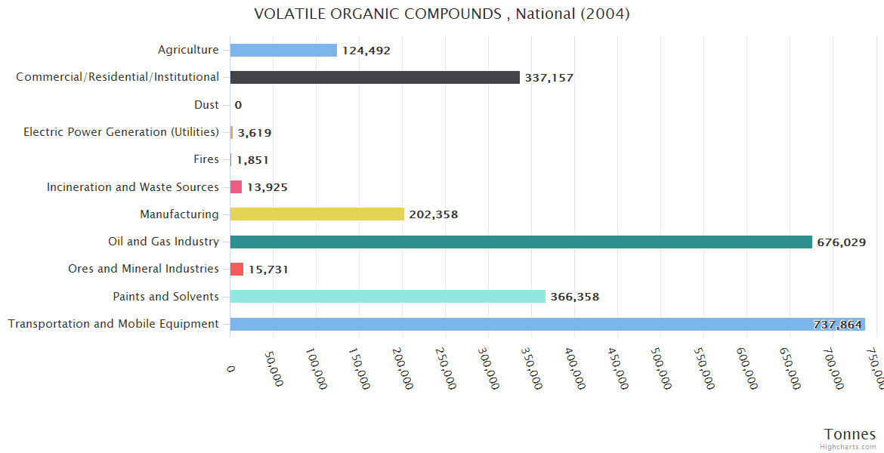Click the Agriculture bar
point(283,50)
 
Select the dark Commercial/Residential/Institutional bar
point(375,77)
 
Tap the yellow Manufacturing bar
point(317,214)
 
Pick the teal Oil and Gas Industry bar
point(521,242)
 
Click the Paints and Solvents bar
point(388,297)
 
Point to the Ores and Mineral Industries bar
point(236,270)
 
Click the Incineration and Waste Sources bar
point(236,186)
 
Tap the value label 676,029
point(841,242)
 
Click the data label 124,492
point(366,51)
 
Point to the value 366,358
point(574,297)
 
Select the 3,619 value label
point(255,133)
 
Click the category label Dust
point(206,105)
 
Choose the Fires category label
point(206,159)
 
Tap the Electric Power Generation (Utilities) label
point(121,132)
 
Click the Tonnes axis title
point(849,434)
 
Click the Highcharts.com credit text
point(848,447)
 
